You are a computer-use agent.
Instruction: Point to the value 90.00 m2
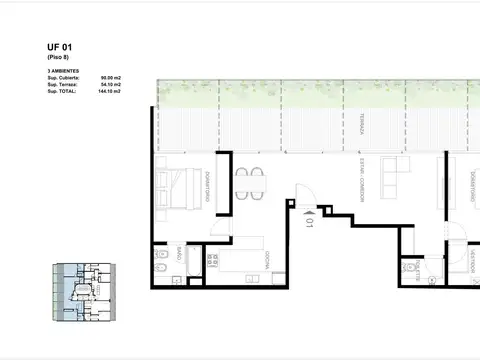[x=110, y=80]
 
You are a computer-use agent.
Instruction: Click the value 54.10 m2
[x=110, y=86]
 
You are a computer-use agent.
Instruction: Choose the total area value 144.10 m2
[x=109, y=92]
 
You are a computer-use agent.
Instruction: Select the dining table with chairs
[x=251, y=183]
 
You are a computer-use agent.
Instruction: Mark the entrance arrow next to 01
[x=305, y=211]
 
